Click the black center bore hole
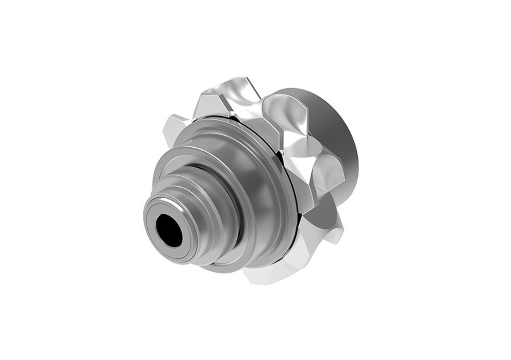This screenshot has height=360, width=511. click(169, 231)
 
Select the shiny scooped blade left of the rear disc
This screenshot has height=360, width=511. click(285, 116)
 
